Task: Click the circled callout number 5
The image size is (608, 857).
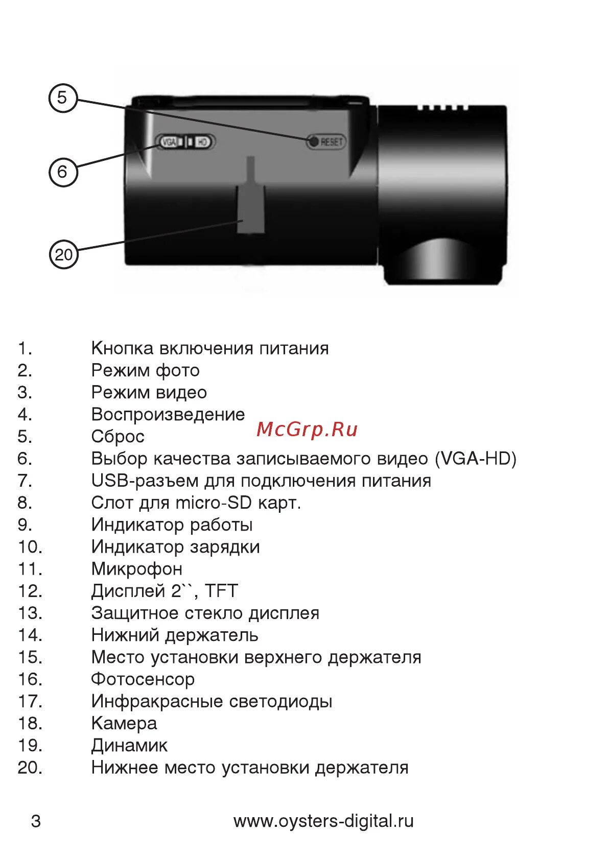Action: click(x=62, y=98)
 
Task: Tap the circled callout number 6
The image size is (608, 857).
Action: click(x=62, y=172)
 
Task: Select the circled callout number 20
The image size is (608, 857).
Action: click(x=63, y=254)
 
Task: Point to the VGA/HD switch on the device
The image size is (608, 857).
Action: click(x=185, y=141)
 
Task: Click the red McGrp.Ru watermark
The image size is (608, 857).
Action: click(x=307, y=430)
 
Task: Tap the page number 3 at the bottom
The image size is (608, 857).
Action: click(x=36, y=821)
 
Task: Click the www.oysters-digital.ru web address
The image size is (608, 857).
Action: click(x=323, y=821)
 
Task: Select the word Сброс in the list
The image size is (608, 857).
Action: click(x=118, y=437)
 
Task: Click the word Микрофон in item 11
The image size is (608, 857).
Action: click(x=136, y=569)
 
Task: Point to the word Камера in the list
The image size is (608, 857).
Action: click(x=124, y=723)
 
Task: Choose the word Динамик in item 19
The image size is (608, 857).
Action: click(x=129, y=746)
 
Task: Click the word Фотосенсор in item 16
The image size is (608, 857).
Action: click(x=143, y=679)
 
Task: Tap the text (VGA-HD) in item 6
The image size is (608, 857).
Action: click(x=476, y=459)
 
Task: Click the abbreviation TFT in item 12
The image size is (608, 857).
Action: click(x=221, y=591)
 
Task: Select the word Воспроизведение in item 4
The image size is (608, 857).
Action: click(x=168, y=415)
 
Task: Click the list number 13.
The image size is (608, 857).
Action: click(x=30, y=613)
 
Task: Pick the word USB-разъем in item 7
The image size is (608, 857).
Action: click(x=145, y=481)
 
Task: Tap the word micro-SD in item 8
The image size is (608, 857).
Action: click(x=214, y=503)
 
